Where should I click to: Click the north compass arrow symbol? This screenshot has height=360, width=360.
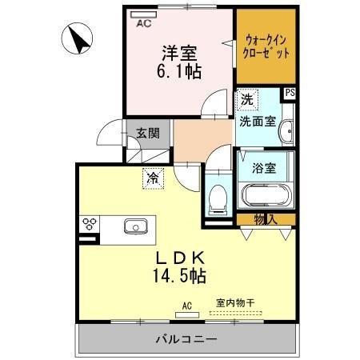coord(78,39)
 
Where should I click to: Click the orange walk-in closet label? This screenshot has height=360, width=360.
coord(264,46)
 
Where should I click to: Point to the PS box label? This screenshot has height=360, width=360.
coord(289,93)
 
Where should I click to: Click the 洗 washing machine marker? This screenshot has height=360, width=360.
coord(246,101)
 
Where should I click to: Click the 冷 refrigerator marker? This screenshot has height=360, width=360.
coord(151,178)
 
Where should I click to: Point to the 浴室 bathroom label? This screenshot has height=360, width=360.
coord(264,168)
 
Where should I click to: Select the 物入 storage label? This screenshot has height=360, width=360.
coord(265,218)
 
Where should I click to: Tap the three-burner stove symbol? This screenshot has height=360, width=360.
coord(88,224)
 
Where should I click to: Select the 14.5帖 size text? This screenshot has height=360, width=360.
coord(178,277)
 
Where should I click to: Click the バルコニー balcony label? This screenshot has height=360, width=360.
coord(185,340)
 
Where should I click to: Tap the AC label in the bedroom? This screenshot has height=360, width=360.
coord(144,24)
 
